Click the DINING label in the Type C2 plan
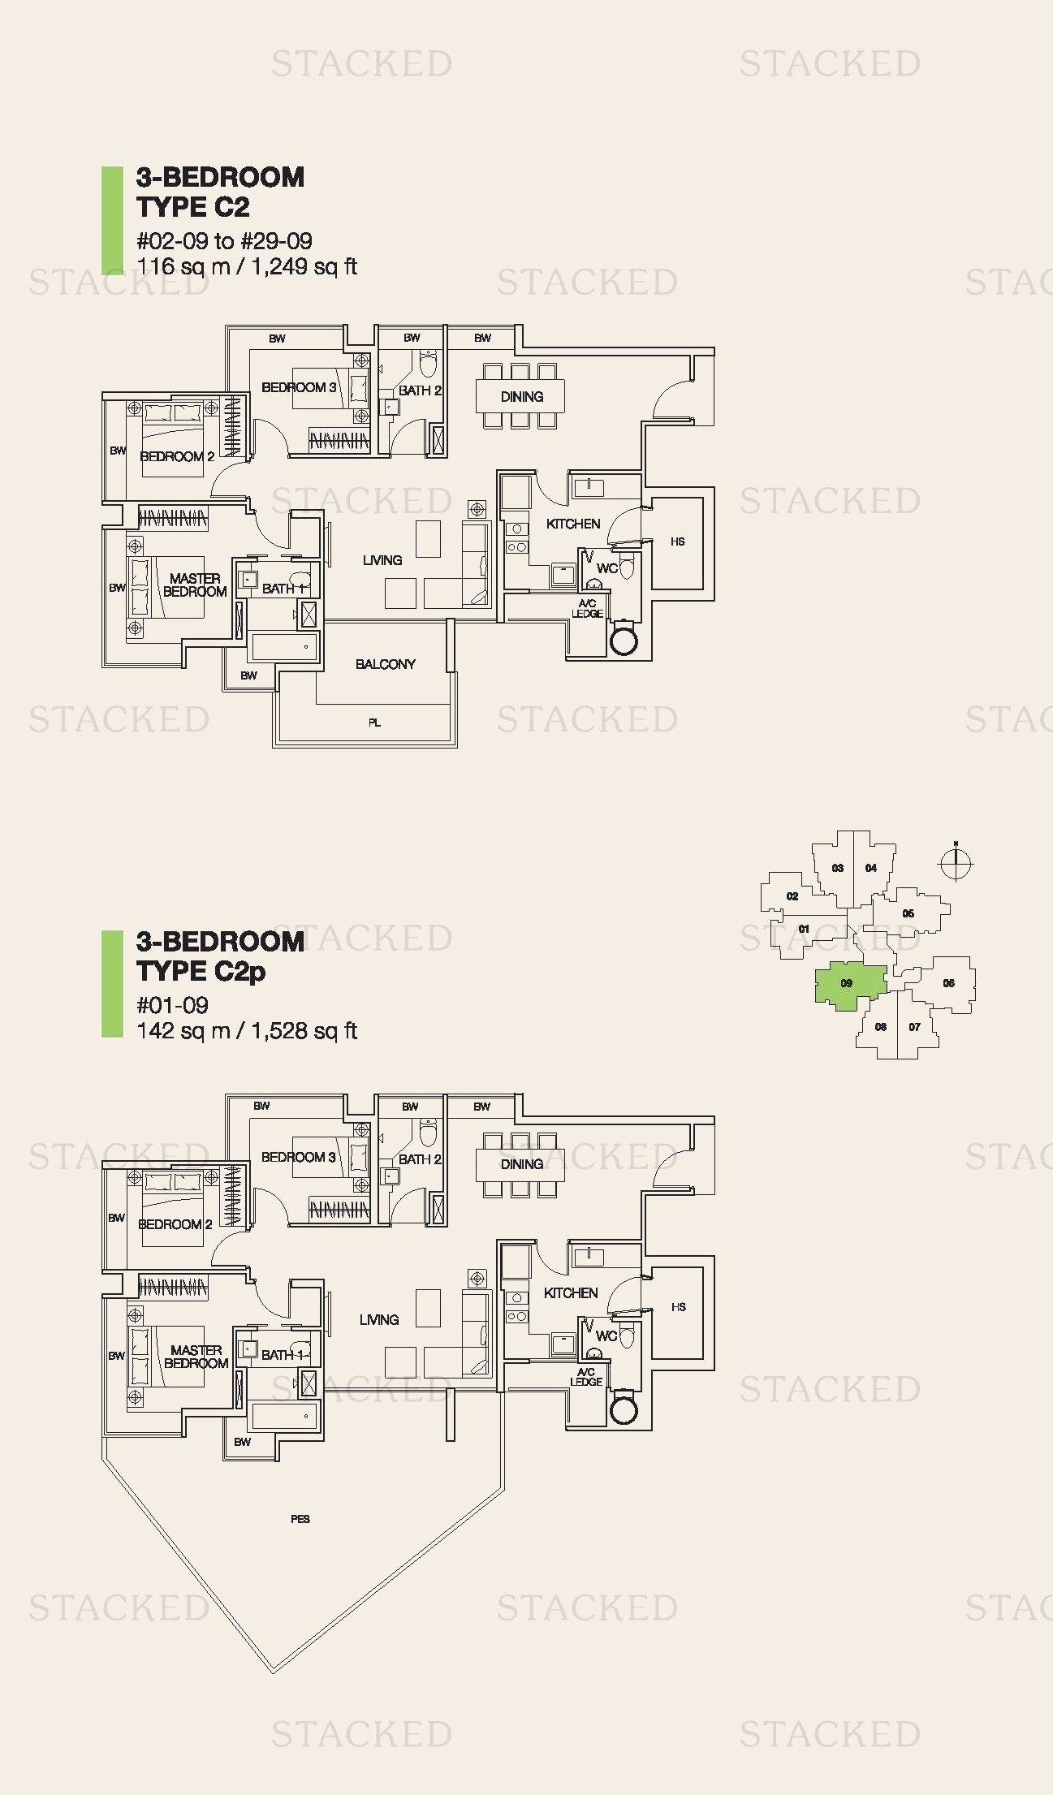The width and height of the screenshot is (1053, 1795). tap(521, 396)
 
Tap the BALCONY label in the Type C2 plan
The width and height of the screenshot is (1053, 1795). tap(385, 664)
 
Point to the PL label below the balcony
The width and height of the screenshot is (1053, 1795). tap(374, 723)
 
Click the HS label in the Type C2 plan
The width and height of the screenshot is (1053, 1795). tap(678, 542)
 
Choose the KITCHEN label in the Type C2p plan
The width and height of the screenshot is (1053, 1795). tap(571, 1293)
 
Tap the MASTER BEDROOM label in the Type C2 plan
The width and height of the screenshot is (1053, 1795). tap(195, 585)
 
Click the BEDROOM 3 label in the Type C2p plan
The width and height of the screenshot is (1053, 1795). tap(298, 1157)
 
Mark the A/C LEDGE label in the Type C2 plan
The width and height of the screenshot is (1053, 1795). tap(587, 608)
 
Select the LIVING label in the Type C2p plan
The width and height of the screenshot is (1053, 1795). tap(379, 1320)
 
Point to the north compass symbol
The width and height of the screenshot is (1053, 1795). tap(956, 864)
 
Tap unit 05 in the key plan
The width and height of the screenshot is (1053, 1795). tap(908, 913)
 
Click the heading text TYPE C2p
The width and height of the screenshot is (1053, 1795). tap(201, 971)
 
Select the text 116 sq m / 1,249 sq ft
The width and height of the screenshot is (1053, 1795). tap(247, 266)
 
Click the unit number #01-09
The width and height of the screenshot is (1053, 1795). tap(173, 1005)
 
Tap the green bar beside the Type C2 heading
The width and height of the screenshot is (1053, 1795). tap(106, 220)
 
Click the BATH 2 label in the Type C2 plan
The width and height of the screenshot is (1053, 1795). tap(420, 390)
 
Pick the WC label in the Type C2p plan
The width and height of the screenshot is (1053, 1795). tap(606, 1335)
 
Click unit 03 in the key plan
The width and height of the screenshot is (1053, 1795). tap(838, 868)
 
